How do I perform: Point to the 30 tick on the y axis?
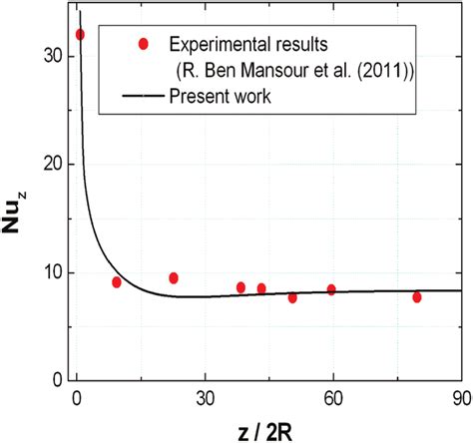coord(52,57)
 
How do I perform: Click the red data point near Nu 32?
coord(81,35)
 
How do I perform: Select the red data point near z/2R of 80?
coord(417,297)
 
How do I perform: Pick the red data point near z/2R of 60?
coord(331,289)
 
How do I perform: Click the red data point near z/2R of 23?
coord(174,278)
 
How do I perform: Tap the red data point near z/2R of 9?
coord(117,282)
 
